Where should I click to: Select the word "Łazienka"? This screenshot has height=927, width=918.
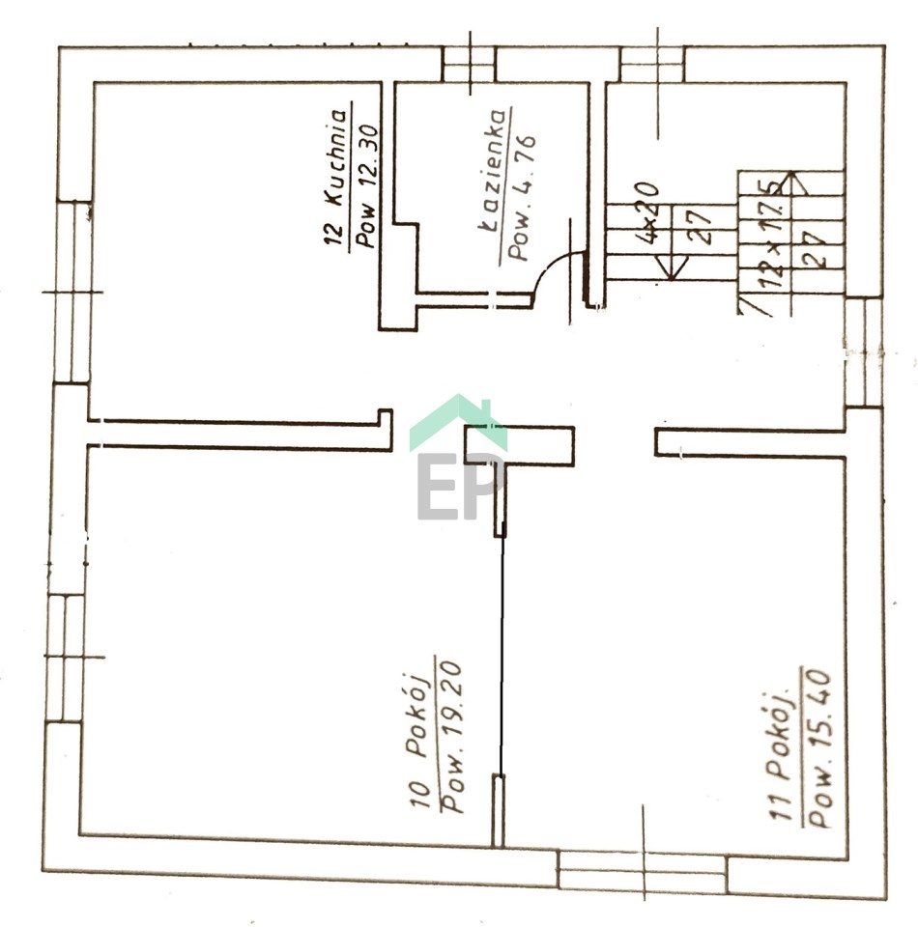[x=491, y=171]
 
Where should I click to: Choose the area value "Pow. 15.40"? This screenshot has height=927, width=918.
[x=818, y=747]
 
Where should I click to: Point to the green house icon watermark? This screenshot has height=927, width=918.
[x=458, y=423]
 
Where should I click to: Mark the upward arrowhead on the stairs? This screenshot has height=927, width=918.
[x=792, y=183]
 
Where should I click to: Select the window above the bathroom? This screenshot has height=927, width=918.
[x=469, y=64]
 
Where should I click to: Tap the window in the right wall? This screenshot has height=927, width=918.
[x=864, y=351]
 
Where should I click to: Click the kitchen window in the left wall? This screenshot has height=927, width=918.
[x=73, y=292]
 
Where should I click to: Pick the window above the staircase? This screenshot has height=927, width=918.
[x=652, y=64]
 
